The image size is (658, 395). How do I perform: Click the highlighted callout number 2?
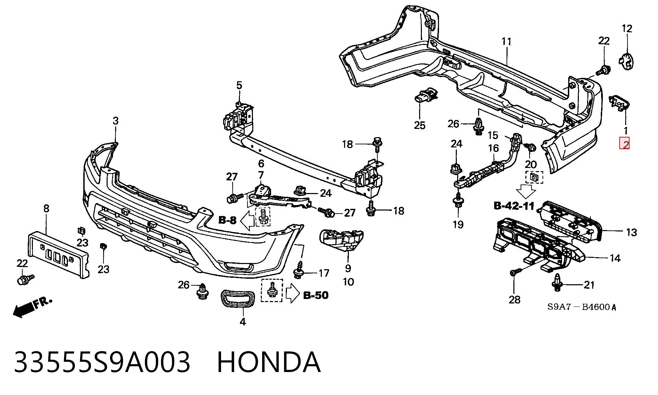(624, 144)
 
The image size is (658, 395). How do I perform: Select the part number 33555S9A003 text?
(102, 362)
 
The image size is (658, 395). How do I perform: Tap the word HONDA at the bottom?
(269, 362)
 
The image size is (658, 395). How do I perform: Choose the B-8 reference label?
(228, 220)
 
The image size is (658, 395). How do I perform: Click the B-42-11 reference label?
(514, 206)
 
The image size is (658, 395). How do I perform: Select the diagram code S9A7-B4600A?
(582, 307)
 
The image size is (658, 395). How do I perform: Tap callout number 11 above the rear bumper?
(507, 41)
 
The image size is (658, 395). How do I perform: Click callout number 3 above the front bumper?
(115, 121)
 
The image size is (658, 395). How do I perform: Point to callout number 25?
(419, 125)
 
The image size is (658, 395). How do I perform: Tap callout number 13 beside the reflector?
(631, 232)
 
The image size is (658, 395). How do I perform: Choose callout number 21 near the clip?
(589, 285)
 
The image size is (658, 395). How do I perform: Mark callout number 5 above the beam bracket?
(239, 85)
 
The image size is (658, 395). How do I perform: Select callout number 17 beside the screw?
(324, 273)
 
